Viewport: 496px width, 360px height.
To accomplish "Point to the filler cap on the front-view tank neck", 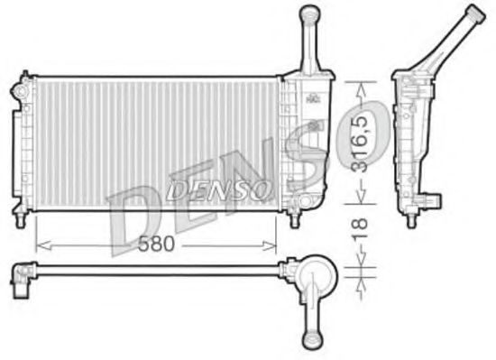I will pos(309,13).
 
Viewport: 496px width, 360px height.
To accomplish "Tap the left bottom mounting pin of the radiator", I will pos(19,217).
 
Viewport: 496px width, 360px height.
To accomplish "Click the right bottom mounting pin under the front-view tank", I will pos(294,217).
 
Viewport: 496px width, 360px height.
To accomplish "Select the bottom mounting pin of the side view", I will pos(411,215).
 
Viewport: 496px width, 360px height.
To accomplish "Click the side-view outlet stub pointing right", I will pos(436,196).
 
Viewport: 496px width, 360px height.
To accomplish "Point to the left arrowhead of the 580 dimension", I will pos(39,243).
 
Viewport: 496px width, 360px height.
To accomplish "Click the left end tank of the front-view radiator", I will pos(20,144).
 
